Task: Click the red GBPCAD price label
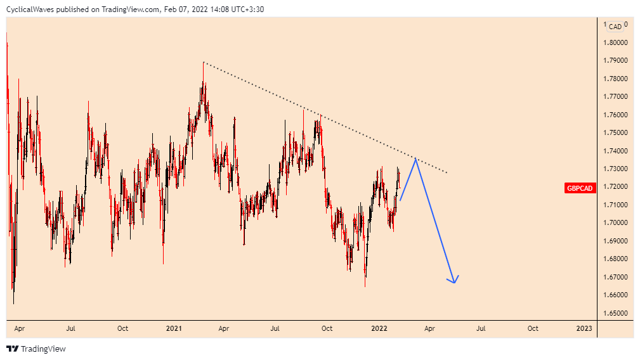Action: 580,188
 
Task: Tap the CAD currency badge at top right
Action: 615,27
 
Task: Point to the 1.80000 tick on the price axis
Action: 616,43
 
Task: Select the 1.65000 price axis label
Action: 616,313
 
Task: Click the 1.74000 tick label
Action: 616,151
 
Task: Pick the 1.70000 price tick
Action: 616,223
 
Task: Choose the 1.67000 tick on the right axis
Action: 616,277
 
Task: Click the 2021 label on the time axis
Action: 174,328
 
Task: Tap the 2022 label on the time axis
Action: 379,328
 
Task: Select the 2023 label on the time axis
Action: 584,328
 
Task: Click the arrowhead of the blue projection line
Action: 454,281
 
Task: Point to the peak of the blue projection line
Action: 415,158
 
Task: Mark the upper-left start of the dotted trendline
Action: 204,62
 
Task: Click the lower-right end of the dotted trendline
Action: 447,172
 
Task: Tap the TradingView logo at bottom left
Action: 36,349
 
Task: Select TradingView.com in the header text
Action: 131,9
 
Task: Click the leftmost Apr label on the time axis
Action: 20,328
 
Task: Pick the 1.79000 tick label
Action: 616,61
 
